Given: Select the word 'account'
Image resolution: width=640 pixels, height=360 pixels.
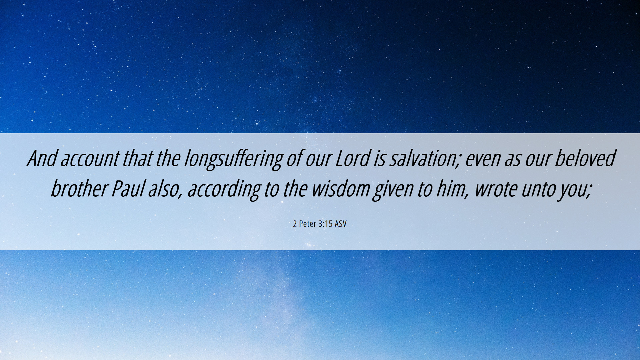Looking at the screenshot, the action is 90,159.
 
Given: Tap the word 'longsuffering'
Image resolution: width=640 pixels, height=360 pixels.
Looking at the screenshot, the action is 234,160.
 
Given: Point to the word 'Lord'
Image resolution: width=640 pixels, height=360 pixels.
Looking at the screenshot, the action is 353,158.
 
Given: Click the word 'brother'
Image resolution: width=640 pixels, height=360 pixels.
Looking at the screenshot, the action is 79,188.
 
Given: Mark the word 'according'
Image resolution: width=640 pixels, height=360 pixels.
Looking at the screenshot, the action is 224,190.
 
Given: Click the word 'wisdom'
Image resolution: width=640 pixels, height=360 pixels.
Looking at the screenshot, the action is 341,188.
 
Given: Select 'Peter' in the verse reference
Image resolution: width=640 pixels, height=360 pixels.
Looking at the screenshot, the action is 307,224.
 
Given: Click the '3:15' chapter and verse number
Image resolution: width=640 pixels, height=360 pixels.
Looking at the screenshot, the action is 325,224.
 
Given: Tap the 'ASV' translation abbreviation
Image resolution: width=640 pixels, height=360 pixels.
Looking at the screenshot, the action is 341,224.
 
